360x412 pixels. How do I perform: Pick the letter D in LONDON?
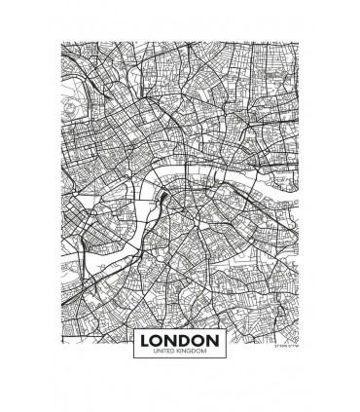(x=185, y=340)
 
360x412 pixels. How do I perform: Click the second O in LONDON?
(x=198, y=340)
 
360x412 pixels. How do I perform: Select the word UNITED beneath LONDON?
(x=164, y=352)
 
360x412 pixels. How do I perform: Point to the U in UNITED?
(x=156, y=352)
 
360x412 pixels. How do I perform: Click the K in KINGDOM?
(x=178, y=352)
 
